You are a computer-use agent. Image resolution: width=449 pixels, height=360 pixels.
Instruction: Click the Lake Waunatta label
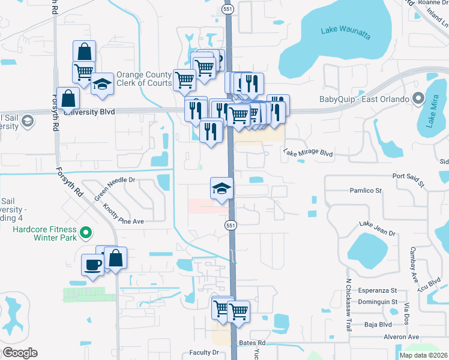coord(345,31)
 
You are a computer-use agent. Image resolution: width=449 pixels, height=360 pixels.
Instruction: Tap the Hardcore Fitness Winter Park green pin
coord(86,232)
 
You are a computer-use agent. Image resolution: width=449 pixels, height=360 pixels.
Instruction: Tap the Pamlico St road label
coord(366,191)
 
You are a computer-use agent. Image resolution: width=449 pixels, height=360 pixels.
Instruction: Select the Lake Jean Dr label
coord(378,228)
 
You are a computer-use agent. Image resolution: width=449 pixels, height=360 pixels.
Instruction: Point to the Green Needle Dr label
coord(115,187)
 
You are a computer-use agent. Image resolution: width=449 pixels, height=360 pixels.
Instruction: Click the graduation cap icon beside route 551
coord(221,188)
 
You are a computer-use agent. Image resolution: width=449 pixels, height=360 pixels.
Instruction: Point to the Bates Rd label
coord(252,343)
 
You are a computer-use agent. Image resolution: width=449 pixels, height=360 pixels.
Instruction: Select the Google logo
coord(20,353)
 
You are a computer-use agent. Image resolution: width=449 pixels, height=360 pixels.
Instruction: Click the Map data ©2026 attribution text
coord(423,355)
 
